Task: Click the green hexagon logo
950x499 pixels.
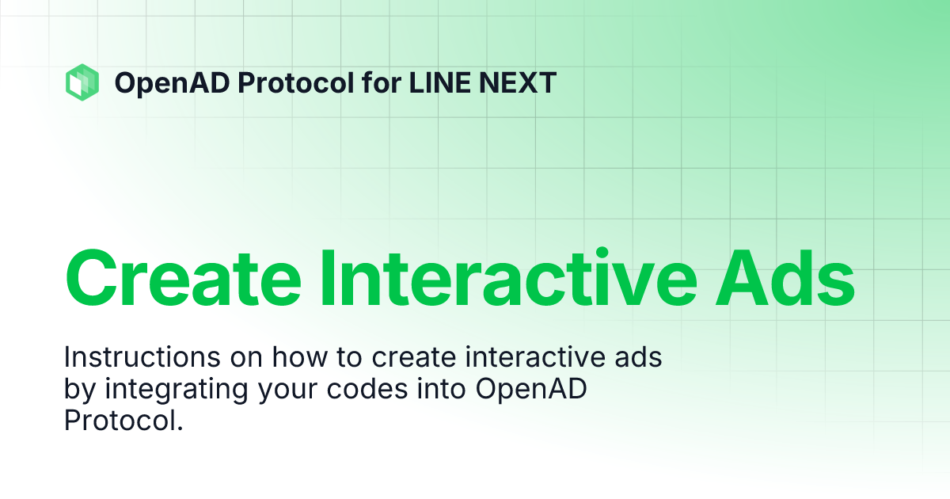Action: (82, 82)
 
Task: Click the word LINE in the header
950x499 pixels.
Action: (439, 82)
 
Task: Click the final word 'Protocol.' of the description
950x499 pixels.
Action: (123, 421)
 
